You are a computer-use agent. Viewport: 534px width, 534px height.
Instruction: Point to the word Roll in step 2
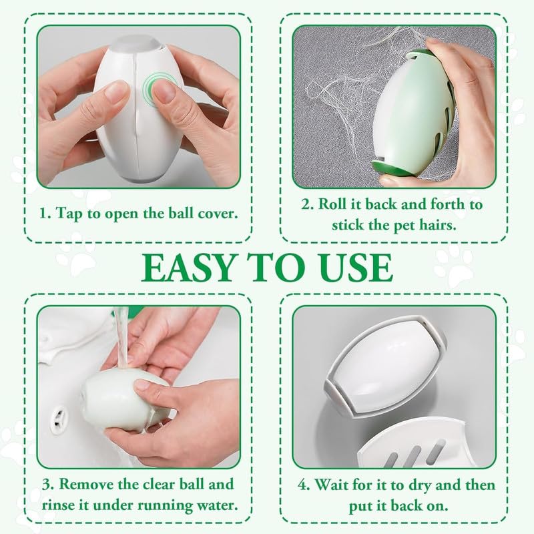tap(337, 204)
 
